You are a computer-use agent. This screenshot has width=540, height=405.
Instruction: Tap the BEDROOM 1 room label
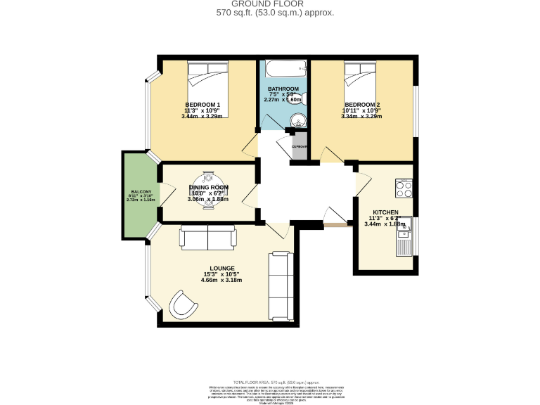(x=202, y=104)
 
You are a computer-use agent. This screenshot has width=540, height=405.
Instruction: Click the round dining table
(x=207, y=187)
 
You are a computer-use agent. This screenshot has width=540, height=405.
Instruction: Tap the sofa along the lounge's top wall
(x=207, y=238)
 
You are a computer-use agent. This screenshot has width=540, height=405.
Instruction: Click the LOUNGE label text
(x=221, y=268)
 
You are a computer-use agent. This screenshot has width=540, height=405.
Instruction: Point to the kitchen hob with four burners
(x=404, y=188)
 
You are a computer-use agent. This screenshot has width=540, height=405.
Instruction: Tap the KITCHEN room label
(x=386, y=212)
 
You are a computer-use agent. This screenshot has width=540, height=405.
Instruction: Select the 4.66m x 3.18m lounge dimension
(x=221, y=280)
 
